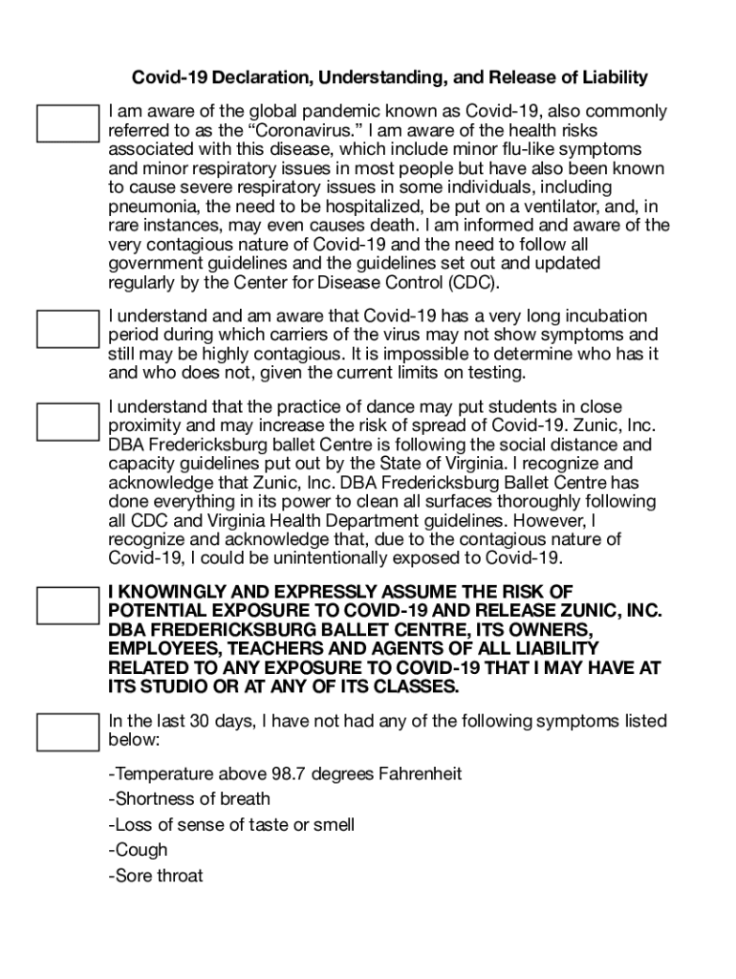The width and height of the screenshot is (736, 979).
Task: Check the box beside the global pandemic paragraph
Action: (x=67, y=123)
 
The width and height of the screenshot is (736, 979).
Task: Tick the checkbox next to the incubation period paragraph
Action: (x=67, y=327)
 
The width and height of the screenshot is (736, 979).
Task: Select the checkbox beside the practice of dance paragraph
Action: (x=67, y=420)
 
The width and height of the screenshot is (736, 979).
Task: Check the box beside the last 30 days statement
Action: (x=67, y=732)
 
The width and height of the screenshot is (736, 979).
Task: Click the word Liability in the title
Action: (x=611, y=77)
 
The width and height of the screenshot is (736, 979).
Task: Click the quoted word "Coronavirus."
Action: (x=314, y=131)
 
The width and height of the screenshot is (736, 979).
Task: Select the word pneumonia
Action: (x=153, y=207)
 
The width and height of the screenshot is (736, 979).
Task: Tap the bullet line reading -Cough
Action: (x=139, y=850)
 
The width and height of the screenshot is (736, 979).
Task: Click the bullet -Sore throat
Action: (x=156, y=876)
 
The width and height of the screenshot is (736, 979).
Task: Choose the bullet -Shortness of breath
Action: (x=189, y=799)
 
